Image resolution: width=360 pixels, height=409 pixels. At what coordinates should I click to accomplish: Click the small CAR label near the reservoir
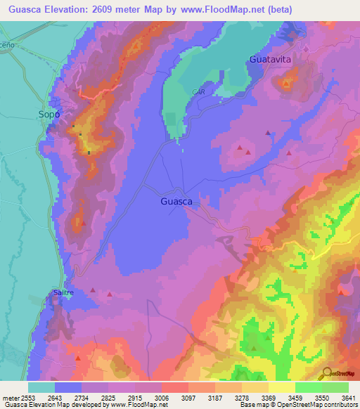point(198,92)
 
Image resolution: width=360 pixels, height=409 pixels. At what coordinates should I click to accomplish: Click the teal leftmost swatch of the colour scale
point(41,387)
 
